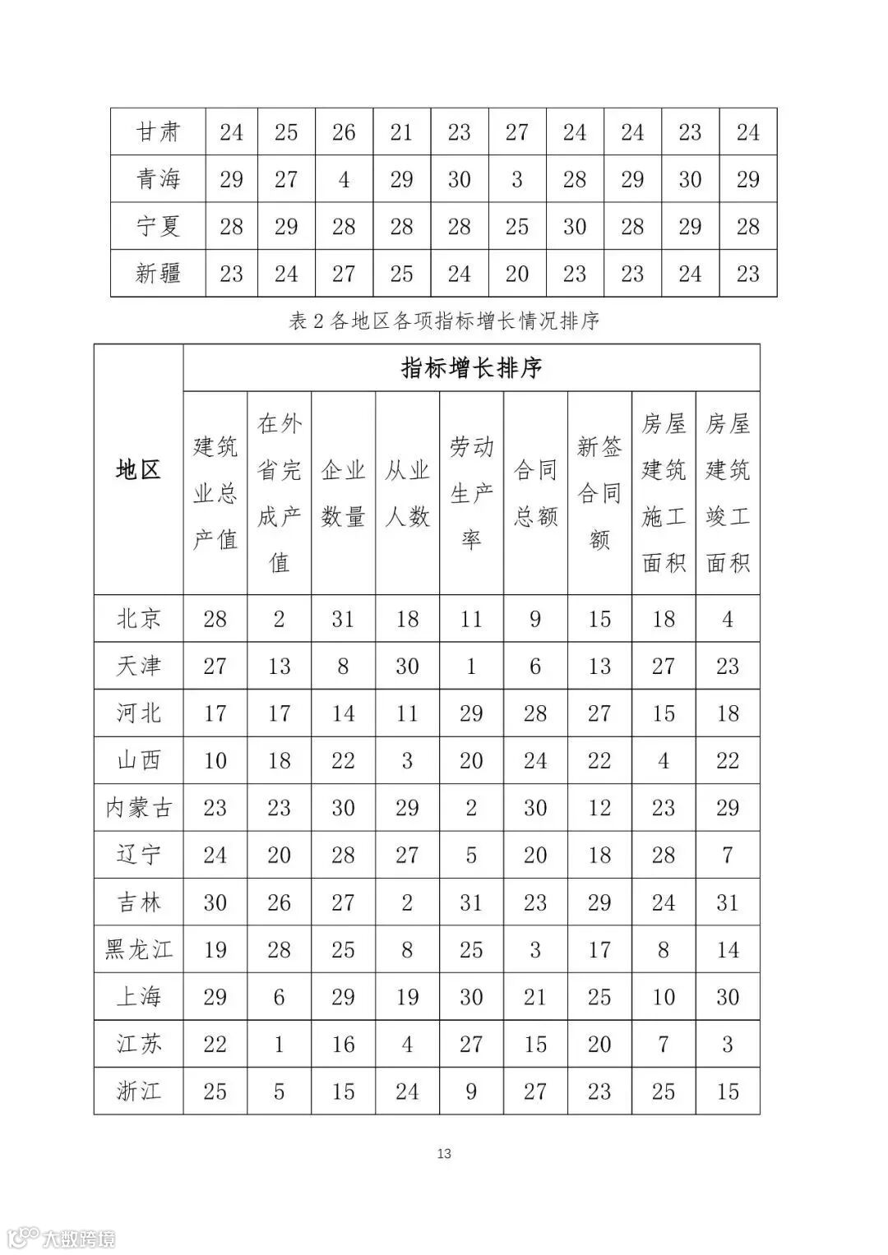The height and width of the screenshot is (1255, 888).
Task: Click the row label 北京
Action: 138,619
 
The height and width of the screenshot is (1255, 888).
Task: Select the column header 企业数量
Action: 343,493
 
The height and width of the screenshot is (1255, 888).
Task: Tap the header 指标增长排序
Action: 471,367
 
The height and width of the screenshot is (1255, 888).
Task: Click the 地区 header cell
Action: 138,470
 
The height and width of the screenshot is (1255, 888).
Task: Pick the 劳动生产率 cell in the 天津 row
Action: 471,667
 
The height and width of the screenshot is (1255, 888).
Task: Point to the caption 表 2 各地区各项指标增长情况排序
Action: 444,321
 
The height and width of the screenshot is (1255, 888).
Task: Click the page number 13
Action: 444,1154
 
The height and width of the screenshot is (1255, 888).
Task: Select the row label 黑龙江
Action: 138,950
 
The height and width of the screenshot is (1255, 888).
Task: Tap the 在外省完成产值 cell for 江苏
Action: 279,1045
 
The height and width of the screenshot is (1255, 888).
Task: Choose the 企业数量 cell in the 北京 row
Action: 343,619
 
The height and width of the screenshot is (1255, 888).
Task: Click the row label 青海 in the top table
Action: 158,179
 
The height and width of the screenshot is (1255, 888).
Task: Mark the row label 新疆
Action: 158,274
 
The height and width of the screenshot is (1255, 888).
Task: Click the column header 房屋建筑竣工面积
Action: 728,493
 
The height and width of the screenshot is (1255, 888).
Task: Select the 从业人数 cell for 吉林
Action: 407,902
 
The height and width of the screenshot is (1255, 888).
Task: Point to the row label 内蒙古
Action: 138,808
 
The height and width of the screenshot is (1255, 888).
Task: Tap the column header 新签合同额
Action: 599,493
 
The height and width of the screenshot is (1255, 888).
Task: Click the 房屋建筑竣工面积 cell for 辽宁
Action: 728,856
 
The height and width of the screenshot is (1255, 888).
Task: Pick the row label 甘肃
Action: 158,132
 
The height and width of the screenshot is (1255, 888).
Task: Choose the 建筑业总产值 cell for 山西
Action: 215,761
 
